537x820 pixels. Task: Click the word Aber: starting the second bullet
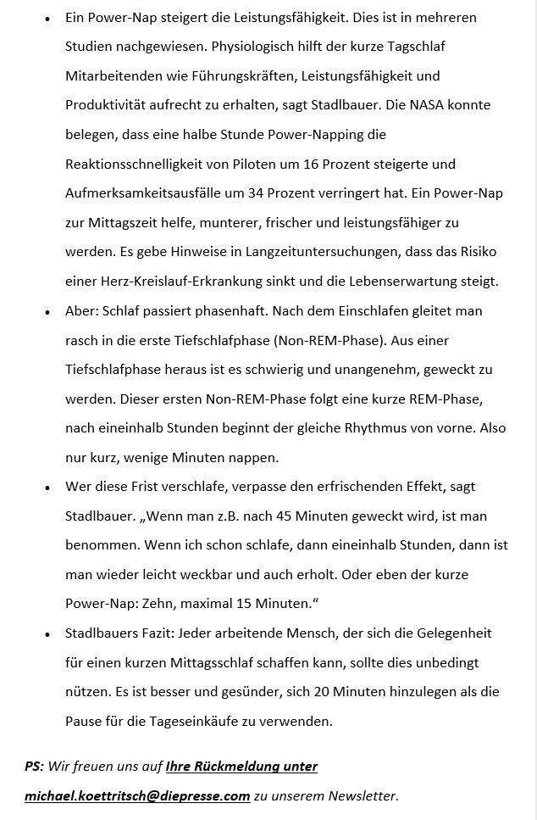pyautogui.click(x=81, y=311)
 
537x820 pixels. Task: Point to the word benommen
pyautogui.click(x=99, y=545)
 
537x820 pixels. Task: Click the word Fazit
pyautogui.click(x=164, y=633)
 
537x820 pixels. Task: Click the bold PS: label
pyautogui.click(x=34, y=767)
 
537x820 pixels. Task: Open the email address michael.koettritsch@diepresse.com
pyautogui.click(x=137, y=796)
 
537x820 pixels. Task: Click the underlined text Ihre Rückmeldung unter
pyautogui.click(x=241, y=767)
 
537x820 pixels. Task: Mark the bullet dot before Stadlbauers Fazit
pyautogui.click(x=47, y=633)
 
